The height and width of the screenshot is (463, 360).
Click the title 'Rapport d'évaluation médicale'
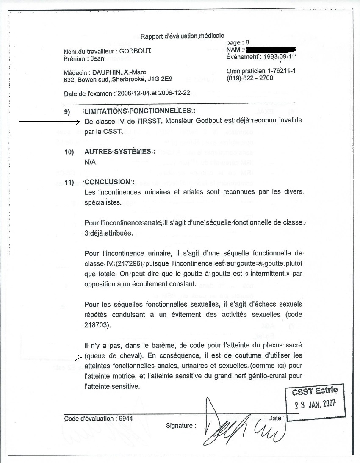coord(182,36)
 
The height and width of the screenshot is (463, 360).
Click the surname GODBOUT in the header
coord(135,51)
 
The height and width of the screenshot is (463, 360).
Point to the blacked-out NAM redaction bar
coord(271,50)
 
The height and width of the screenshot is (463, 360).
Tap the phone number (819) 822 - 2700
coord(250,78)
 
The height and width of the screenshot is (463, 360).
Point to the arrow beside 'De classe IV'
coord(50,122)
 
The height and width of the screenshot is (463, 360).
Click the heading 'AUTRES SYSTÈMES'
coord(120,151)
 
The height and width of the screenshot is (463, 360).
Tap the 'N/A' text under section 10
coord(91,162)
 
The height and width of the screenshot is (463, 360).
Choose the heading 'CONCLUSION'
coord(109,182)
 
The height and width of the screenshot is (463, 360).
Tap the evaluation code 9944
coord(126,419)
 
